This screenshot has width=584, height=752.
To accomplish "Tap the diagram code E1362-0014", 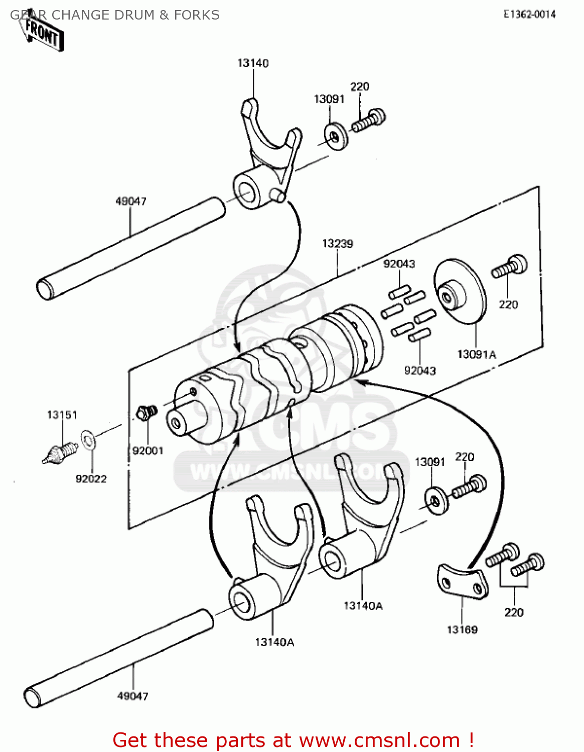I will pyautogui.click(x=529, y=15).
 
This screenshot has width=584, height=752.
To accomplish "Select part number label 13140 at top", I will pyautogui.click(x=253, y=63).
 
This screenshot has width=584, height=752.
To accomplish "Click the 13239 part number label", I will pyautogui.click(x=337, y=244).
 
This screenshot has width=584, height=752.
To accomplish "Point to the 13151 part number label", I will pyautogui.click(x=62, y=415).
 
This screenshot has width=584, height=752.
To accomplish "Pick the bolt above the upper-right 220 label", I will pyautogui.click(x=510, y=266).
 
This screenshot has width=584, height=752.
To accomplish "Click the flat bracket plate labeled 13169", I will pyautogui.click(x=462, y=581).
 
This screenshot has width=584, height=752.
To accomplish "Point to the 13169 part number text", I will pyautogui.click(x=462, y=630).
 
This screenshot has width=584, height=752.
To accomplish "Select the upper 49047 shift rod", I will pyautogui.click(x=130, y=248).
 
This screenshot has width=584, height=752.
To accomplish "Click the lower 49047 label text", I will pyautogui.click(x=132, y=696).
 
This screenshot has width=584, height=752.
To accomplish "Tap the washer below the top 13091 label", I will pyautogui.click(x=336, y=136).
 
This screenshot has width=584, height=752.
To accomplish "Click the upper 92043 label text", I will pyautogui.click(x=399, y=264).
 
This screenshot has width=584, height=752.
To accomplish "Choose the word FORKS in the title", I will pyautogui.click(x=197, y=15).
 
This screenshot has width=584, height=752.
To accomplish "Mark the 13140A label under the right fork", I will pyautogui.click(x=362, y=606).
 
